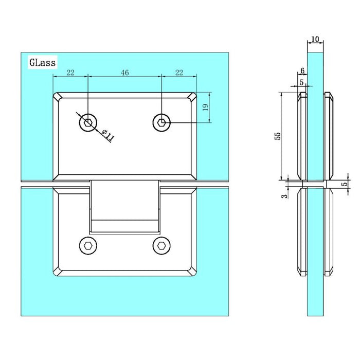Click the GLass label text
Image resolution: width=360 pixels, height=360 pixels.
click(x=42, y=63)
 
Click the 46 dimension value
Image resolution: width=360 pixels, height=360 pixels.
click(x=124, y=73)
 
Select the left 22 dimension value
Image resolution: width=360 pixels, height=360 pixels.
click(x=70, y=73)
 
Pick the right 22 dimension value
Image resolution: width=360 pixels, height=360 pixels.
click(x=179, y=73)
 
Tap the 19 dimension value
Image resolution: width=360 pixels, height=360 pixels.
click(x=204, y=107)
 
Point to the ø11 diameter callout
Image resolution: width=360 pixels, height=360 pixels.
click(x=107, y=136)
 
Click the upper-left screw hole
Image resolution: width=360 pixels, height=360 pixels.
click(x=88, y=122)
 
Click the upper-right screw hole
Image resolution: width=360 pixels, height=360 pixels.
click(x=161, y=122)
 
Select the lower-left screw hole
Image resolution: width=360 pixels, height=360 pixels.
click(x=88, y=246)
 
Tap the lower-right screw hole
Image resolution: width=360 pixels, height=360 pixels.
click(x=161, y=246)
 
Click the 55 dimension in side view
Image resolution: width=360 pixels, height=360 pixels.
click(x=277, y=136)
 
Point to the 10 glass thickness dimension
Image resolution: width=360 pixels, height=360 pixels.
click(x=315, y=40)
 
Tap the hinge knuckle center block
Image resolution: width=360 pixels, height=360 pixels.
click(x=124, y=206)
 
